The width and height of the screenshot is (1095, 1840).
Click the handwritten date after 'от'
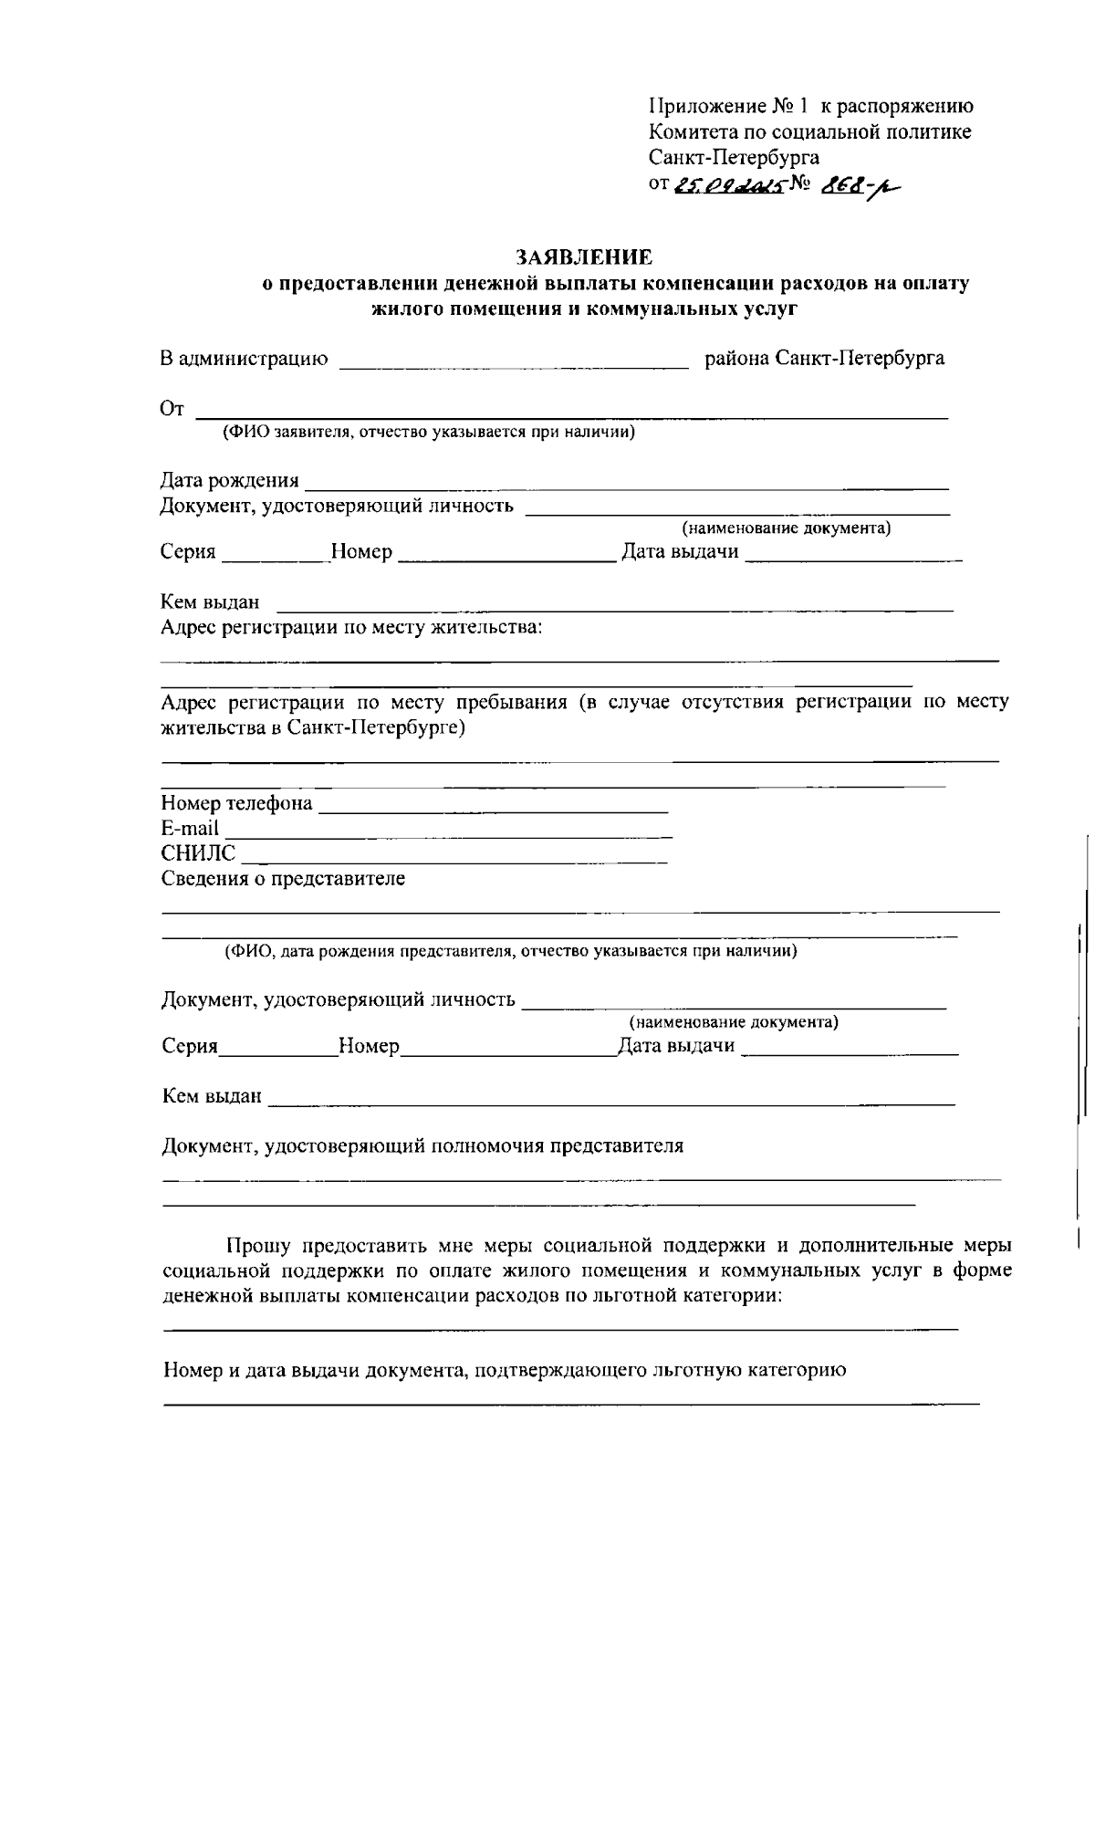click(x=730, y=186)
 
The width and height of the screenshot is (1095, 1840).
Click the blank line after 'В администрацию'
click(x=514, y=363)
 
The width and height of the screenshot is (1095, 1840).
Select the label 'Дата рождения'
click(x=230, y=480)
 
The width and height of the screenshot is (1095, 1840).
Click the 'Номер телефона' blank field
click(x=494, y=807)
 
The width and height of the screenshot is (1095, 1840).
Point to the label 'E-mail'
click(x=190, y=829)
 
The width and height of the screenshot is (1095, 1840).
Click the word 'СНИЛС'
click(x=198, y=853)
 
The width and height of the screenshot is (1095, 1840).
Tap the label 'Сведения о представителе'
click(x=283, y=879)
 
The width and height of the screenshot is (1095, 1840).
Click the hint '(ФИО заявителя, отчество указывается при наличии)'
click(x=429, y=432)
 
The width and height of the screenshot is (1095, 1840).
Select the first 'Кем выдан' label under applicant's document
click(x=210, y=602)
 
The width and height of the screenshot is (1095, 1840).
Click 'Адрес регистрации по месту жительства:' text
click(x=351, y=628)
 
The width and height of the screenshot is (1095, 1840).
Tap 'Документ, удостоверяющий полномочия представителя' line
click(x=422, y=1146)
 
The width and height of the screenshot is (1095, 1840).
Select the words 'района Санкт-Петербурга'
click(x=825, y=358)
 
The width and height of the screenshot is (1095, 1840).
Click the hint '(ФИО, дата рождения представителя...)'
click(x=511, y=951)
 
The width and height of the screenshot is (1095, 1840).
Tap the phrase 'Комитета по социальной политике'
click(x=809, y=132)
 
